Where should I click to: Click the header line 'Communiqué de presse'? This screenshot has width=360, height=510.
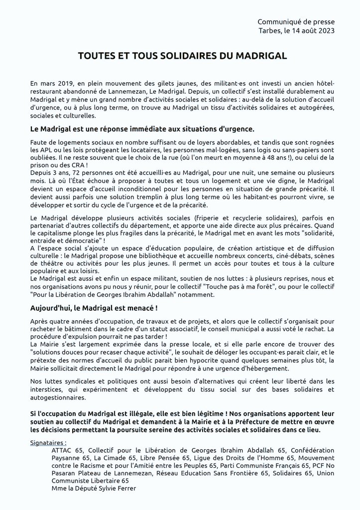tap(296, 22)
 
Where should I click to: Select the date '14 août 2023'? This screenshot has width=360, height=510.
tap(311, 30)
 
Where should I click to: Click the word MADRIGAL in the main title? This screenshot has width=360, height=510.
tap(259, 57)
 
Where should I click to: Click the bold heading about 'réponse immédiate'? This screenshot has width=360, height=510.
tap(142, 129)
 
